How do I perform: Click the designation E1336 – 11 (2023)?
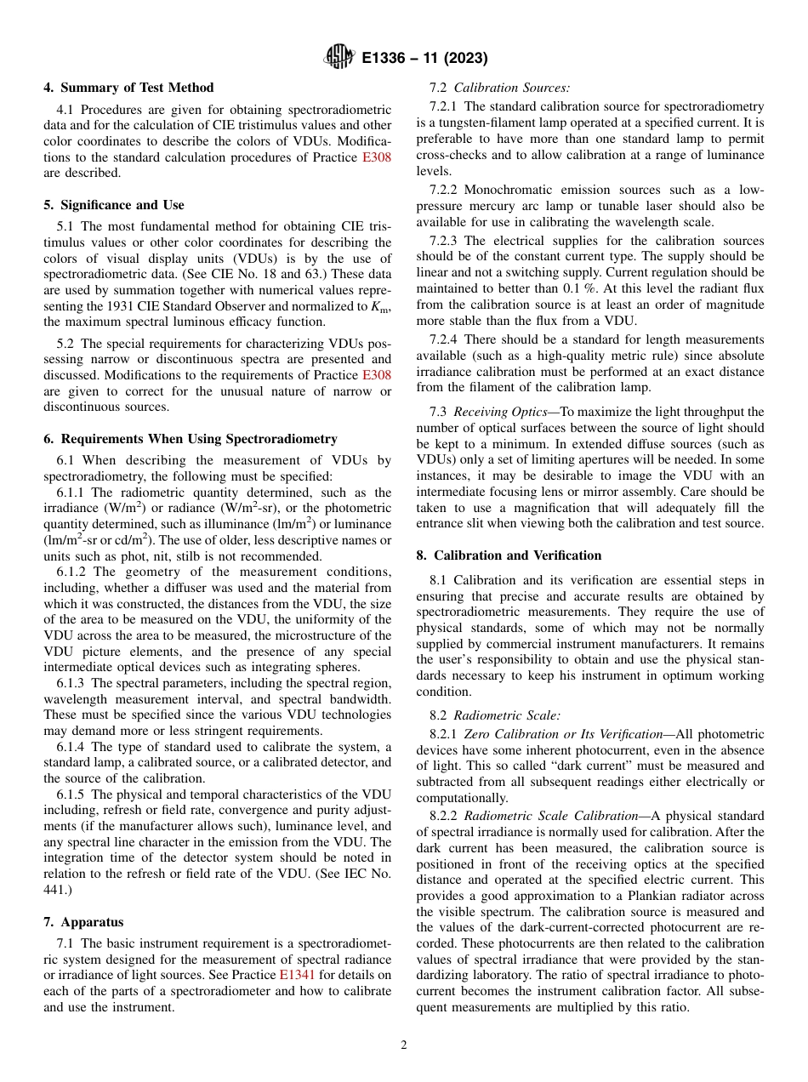point(424,59)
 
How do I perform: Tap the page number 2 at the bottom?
point(404,1045)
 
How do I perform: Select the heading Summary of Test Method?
point(128,88)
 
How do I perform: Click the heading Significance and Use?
point(114,205)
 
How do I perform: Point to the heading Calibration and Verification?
point(509,555)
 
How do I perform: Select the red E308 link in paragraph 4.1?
point(377,157)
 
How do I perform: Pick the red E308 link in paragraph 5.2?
point(377,375)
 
